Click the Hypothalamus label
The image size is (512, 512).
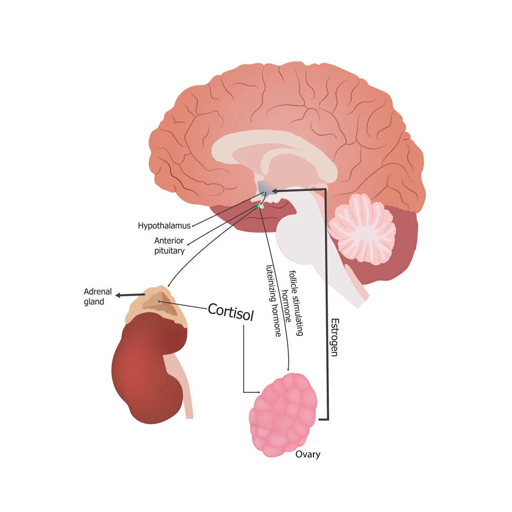(164, 225)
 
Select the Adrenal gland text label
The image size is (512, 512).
(98, 296)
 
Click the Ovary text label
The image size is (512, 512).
(308, 454)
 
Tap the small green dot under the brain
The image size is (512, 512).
(258, 205)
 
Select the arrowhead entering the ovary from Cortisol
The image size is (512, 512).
(260, 393)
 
